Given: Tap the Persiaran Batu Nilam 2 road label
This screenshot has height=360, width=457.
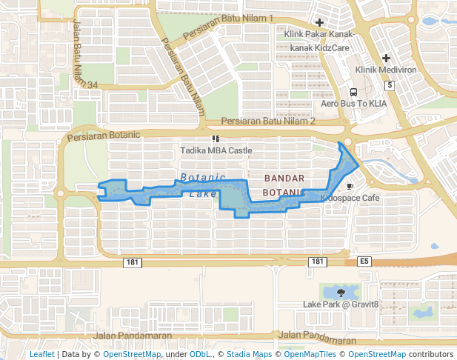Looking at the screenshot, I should point(269,121).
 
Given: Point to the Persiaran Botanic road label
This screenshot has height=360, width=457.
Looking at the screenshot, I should point(103,136).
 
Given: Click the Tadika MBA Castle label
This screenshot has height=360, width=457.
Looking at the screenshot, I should point(216,150).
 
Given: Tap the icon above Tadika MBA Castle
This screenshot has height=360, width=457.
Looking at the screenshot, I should point(216,139).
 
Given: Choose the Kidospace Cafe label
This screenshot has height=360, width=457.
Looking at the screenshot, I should point(350,199).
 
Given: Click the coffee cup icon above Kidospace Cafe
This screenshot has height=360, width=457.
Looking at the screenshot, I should point(350,187).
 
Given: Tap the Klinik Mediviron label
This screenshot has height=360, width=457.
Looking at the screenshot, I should point(386,70).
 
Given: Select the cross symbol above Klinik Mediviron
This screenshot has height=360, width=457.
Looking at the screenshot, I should point(386,58).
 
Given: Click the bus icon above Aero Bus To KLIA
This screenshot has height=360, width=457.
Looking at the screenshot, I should point(353,93).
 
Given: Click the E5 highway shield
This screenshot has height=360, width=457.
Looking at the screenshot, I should point(364,261).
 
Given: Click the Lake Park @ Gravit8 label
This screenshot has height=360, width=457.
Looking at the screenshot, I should point(341,304).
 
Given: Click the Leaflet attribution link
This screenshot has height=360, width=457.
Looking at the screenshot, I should point(41,354).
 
